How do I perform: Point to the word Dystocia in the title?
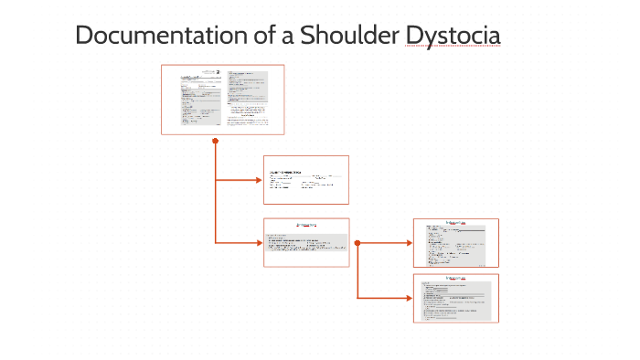click(x=455, y=37)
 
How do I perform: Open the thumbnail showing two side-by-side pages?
click(x=222, y=100)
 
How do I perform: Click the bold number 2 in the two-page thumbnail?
click(x=218, y=72)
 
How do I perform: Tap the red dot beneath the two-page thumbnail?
click(x=215, y=141)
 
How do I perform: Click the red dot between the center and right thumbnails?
click(x=357, y=243)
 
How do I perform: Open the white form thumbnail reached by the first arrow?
click(x=306, y=179)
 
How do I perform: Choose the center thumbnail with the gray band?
click(x=306, y=242)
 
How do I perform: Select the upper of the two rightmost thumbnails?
click(x=455, y=242)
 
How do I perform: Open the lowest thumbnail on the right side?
click(x=455, y=298)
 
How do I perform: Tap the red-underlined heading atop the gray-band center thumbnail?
click(x=305, y=224)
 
